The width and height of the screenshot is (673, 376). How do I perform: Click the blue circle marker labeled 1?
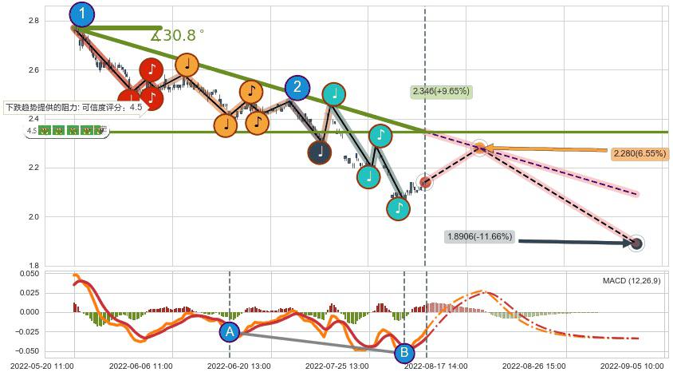tap(81, 14)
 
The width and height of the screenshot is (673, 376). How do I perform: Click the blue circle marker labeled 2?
tap(297, 87)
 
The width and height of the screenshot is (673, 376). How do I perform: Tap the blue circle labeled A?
tap(230, 331)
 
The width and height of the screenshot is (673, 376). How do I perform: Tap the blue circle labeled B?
tap(404, 352)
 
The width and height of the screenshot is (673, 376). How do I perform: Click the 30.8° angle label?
tap(178, 35)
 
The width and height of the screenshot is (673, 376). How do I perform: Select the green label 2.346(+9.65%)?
tap(441, 91)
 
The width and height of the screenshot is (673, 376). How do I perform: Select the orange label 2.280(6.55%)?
tap(640, 153)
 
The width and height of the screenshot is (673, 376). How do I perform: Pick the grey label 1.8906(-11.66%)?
tap(479, 237)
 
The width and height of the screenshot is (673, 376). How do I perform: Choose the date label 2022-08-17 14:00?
tap(435, 366)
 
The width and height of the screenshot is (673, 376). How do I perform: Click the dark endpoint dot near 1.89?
tap(636, 243)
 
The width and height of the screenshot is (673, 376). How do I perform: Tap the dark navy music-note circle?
tap(320, 152)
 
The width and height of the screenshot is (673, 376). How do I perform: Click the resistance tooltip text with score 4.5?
tap(74, 107)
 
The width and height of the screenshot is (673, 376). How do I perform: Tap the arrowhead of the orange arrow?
tap(489, 148)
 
